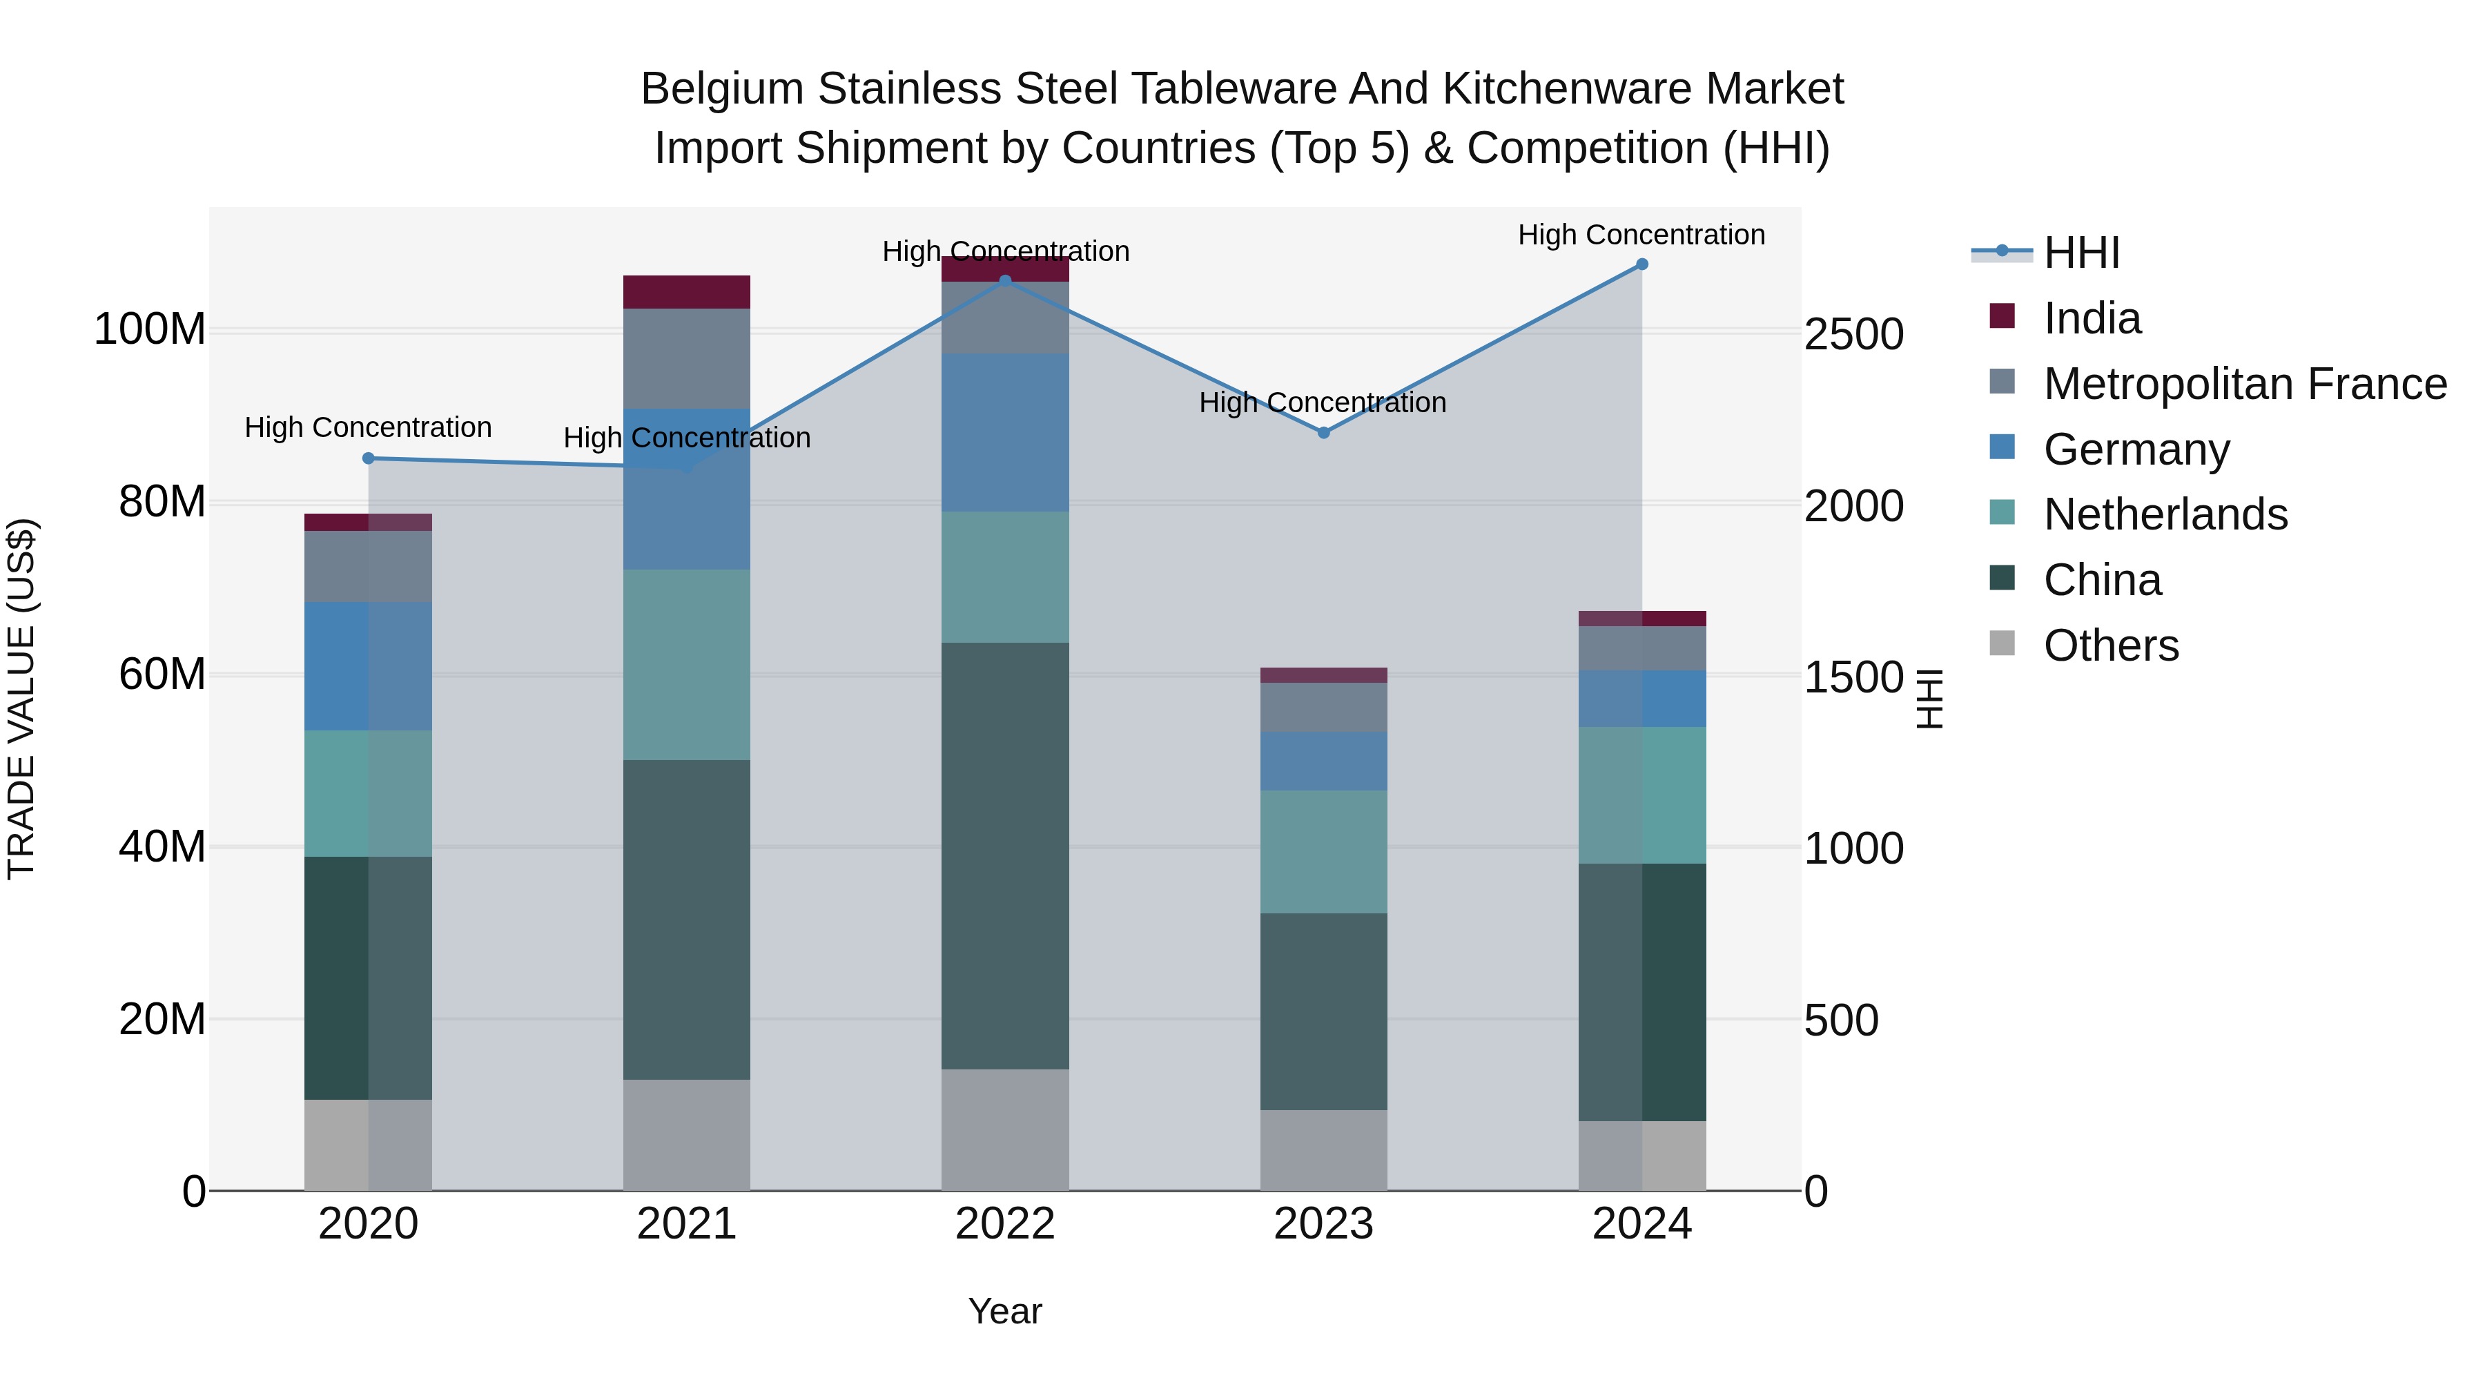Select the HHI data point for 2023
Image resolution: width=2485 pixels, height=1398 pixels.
pos(1323,433)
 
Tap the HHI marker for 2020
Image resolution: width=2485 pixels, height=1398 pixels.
pos(369,458)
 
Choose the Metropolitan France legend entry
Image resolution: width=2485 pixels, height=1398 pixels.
pos(2244,384)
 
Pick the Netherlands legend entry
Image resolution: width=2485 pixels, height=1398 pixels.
pos(2165,514)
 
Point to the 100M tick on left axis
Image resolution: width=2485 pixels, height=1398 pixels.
pos(150,330)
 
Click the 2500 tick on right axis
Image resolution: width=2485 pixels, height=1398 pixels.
pos(1853,335)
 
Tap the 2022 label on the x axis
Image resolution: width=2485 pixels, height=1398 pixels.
pos(1005,1224)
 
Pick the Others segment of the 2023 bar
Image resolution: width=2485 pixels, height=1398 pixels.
pos(1323,1150)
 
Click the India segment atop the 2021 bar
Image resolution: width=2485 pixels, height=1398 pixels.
pos(687,292)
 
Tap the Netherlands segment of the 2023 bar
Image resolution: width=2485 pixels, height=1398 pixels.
pos(1323,852)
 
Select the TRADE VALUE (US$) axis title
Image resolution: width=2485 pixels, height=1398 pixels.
pos(22,699)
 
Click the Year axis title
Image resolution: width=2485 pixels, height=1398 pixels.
pos(1005,1311)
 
